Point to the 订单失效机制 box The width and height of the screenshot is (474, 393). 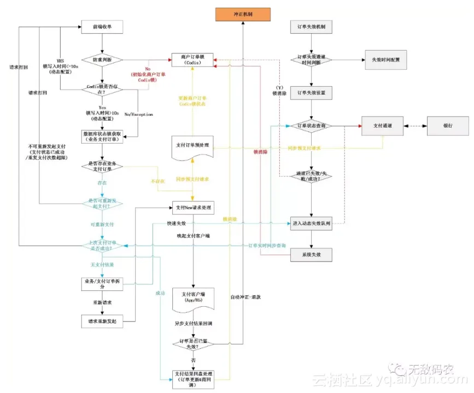pyautogui.click(x=311, y=27)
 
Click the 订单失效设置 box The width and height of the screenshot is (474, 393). pyautogui.click(x=311, y=92)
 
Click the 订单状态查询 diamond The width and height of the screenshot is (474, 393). pyautogui.click(x=311, y=126)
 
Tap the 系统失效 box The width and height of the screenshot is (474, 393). pyautogui.click(x=311, y=255)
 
